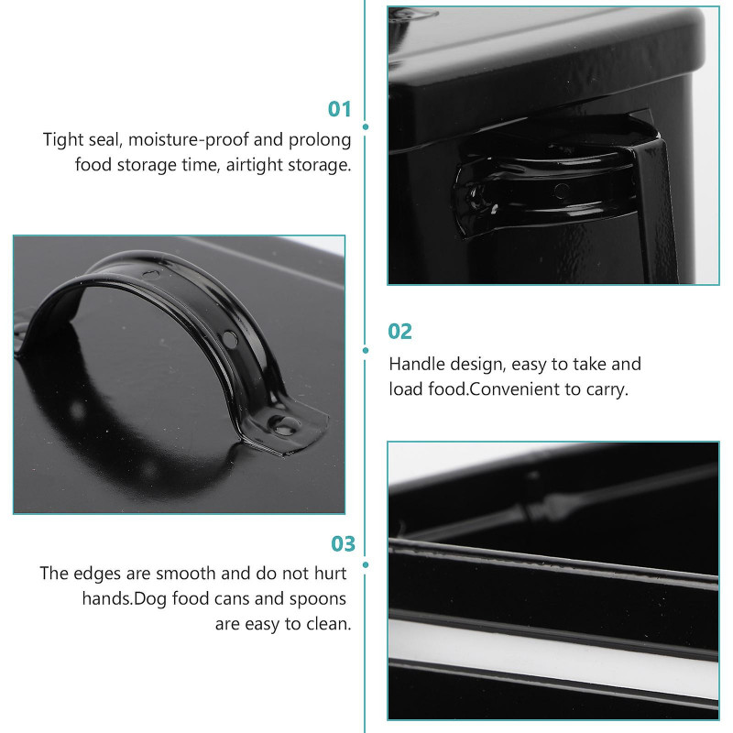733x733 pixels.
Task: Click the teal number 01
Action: click(339, 109)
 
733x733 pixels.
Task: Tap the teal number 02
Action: click(399, 332)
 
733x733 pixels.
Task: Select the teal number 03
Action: click(343, 543)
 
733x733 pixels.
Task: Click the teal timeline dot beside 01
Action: click(366, 126)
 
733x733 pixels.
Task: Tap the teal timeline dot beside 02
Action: click(366, 350)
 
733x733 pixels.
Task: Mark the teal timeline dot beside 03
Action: click(366, 564)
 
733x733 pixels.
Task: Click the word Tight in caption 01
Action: click(59, 140)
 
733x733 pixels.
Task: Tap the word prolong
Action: click(320, 140)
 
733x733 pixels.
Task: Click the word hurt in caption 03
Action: click(331, 574)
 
